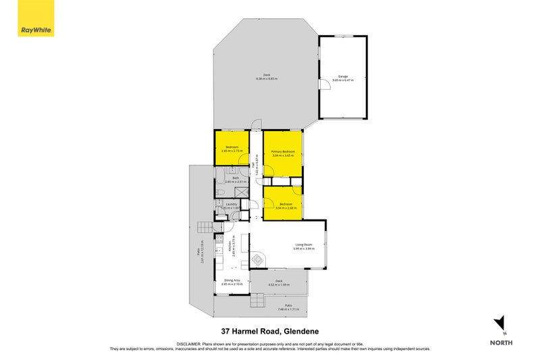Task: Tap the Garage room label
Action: coord(343,78)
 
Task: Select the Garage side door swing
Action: coord(324,83)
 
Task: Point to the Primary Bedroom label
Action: coord(283,153)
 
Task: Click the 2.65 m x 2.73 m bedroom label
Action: coord(232,150)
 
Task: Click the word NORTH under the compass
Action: coord(501,342)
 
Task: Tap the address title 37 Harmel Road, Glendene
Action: coord(270,331)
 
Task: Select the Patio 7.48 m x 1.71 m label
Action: coord(288,308)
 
